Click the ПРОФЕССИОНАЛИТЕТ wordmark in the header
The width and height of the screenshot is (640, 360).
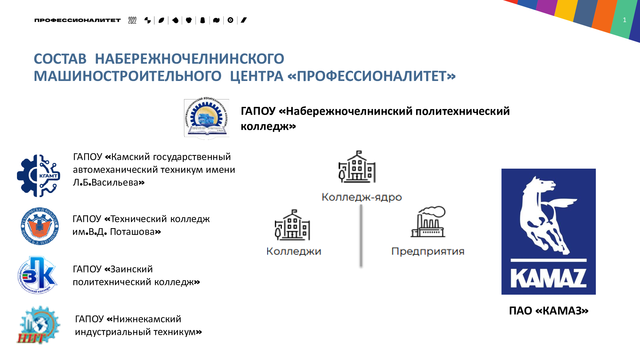[77, 20]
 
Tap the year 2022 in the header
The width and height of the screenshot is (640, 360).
[132, 20]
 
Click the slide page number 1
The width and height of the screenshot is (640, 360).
[624, 20]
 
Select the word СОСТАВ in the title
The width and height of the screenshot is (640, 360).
[60, 59]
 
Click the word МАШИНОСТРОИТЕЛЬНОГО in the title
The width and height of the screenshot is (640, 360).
[127, 76]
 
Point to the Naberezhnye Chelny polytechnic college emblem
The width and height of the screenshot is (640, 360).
[207, 118]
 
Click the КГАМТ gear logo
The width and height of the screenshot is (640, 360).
[39, 176]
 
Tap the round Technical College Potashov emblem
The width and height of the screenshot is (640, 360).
[40, 226]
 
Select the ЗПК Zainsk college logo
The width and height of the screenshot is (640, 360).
[38, 275]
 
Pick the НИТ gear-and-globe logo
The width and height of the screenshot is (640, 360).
[39, 325]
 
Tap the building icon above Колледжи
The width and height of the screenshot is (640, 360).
[292, 225]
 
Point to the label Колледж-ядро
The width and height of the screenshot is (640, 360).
[362, 197]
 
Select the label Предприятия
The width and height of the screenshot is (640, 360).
[428, 251]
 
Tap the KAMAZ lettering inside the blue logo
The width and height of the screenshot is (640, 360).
[548, 278]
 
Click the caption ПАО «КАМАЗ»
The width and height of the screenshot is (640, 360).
[548, 311]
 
